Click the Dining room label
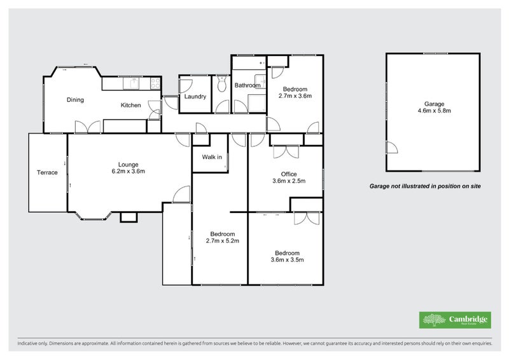76,100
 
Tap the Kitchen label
130,106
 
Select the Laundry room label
195,97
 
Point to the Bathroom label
248,85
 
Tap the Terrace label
47,172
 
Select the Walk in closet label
212,157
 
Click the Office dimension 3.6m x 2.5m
289,181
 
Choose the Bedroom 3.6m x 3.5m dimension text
287,259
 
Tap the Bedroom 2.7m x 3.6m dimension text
295,96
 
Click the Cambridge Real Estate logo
455,320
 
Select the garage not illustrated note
425,186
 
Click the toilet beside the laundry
221,84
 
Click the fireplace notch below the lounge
129,217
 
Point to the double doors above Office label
286,152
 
